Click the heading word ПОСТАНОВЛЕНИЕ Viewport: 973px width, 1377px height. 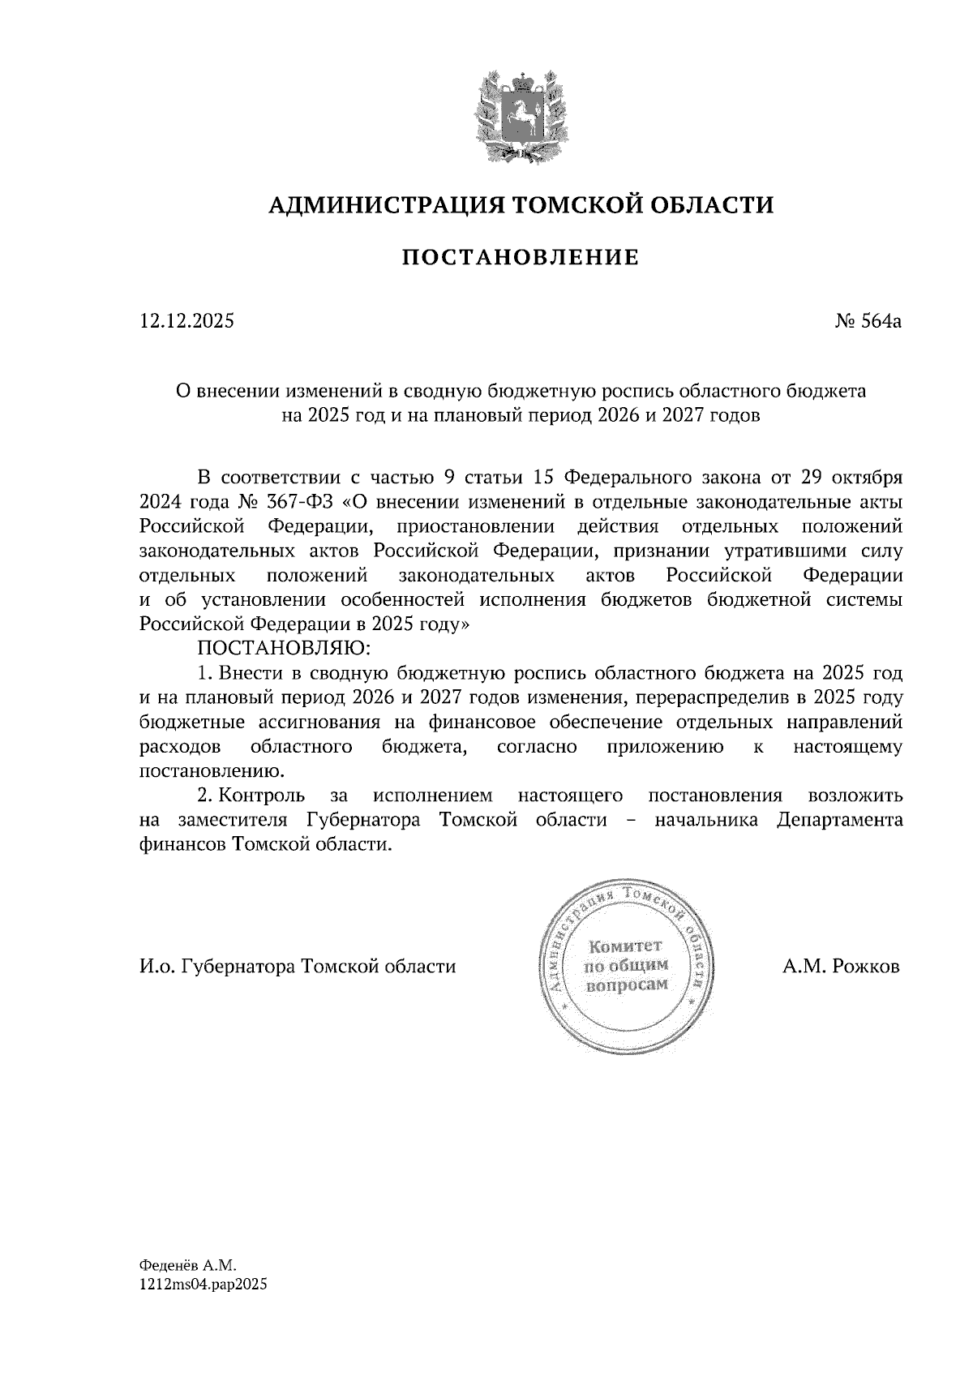pos(520,258)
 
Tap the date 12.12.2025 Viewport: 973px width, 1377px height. pos(186,321)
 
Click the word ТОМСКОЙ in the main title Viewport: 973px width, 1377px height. pos(564,205)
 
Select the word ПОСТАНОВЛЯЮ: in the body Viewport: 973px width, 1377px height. pos(283,649)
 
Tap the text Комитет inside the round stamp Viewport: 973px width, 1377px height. pos(625,946)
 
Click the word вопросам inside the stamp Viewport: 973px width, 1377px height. pos(626,984)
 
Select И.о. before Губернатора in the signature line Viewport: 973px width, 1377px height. pos(157,967)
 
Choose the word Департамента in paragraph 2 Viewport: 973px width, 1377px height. pos(839,820)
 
